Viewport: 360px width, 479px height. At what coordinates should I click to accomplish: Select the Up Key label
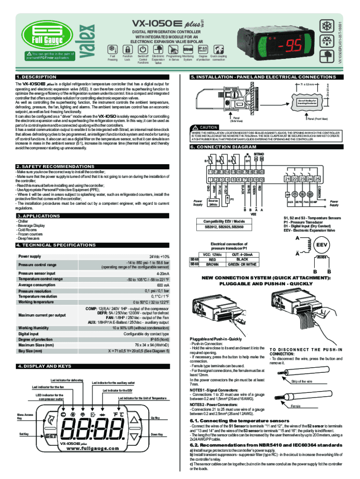coord(155,418)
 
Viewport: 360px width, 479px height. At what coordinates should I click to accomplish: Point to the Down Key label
coord(157,435)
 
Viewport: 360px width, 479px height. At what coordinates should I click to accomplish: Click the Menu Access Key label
coord(25,417)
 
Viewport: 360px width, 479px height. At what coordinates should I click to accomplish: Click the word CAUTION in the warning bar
coord(209,127)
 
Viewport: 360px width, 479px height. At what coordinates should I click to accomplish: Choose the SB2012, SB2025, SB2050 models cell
coord(220,227)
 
